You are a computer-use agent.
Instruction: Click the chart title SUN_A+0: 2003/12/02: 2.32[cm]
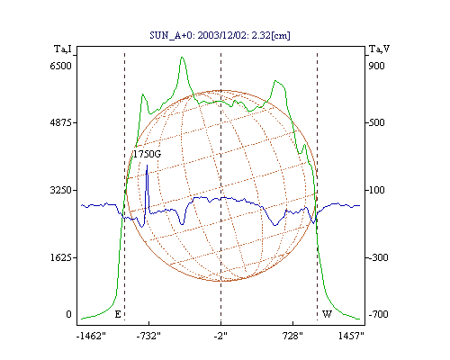[220, 35]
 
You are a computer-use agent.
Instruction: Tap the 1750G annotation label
[147, 154]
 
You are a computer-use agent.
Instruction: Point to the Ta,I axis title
[63, 49]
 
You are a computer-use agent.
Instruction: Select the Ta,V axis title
[379, 49]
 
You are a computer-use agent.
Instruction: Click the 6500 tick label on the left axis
[61, 66]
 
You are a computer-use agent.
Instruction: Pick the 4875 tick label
[61, 122]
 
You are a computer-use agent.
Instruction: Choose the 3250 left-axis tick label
[61, 190]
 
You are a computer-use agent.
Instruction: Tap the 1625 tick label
[61, 257]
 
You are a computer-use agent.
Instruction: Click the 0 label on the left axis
[68, 314]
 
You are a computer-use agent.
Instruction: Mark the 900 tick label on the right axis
[376, 66]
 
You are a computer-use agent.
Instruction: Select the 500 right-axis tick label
[376, 122]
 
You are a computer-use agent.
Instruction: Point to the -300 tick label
[378, 257]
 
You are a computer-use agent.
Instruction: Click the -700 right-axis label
[378, 314]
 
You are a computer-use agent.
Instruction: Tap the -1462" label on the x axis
[91, 336]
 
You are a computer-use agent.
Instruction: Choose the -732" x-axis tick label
[148, 336]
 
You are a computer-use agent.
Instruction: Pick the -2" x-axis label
[220, 336]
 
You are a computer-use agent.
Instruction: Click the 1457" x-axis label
[351, 336]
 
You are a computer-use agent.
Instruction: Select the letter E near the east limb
[118, 314]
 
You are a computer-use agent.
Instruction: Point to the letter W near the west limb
[327, 314]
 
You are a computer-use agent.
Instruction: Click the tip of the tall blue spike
[147, 165]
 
